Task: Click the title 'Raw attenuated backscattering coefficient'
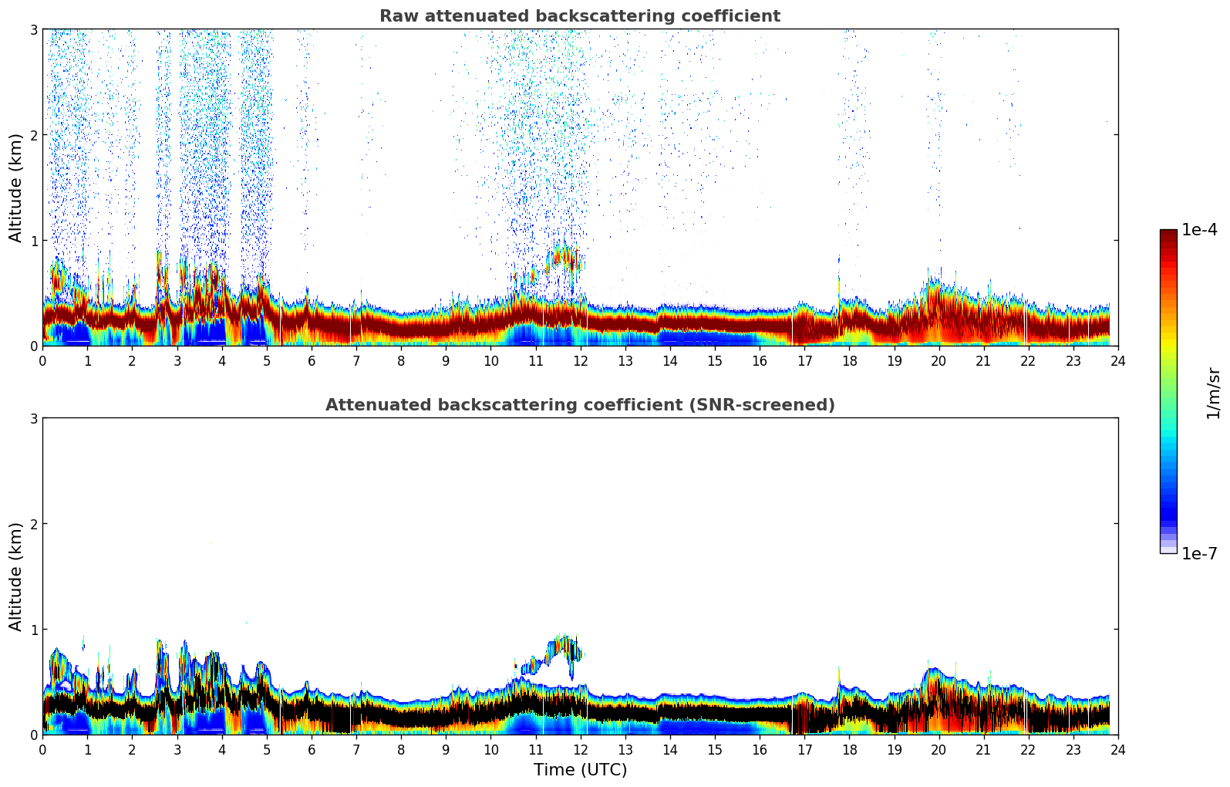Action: tap(579, 16)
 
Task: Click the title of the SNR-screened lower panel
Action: tap(579, 405)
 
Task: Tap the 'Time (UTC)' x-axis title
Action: tap(580, 770)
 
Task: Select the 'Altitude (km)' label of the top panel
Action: tap(15, 187)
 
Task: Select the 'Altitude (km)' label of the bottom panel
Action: tap(15, 576)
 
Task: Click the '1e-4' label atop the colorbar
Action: tap(1199, 230)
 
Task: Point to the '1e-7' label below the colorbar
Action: tap(1199, 554)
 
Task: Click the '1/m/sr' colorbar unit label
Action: tap(1213, 392)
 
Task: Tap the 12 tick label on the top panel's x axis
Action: tap(580, 360)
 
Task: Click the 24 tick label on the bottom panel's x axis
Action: tap(1117, 749)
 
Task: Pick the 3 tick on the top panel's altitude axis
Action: tap(33, 29)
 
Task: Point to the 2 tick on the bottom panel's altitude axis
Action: tap(33, 524)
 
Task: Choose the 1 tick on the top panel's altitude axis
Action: tap(33, 241)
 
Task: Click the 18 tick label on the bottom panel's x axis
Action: tap(849, 749)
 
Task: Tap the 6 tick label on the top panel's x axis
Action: tap(312, 360)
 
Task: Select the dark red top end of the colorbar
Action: tap(1168, 235)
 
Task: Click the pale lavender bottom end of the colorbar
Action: tap(1168, 549)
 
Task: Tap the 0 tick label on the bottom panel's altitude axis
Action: tap(33, 735)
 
